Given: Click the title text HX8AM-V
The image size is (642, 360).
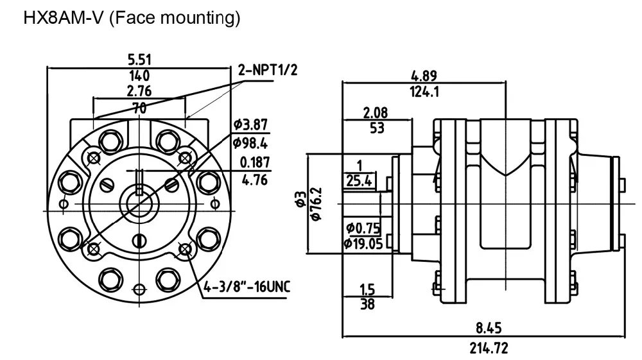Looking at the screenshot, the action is click(64, 18).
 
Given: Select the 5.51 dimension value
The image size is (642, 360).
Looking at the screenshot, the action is click(139, 60).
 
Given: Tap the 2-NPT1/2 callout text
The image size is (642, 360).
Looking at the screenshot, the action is click(268, 70).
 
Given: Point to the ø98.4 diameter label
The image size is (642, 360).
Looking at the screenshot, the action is click(250, 142).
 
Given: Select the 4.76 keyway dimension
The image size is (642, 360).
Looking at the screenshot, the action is click(255, 180).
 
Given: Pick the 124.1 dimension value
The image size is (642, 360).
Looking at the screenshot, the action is click(424, 92).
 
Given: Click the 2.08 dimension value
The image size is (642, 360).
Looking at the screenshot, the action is click(375, 112).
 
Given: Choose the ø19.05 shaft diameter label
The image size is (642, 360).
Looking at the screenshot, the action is click(363, 244).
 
